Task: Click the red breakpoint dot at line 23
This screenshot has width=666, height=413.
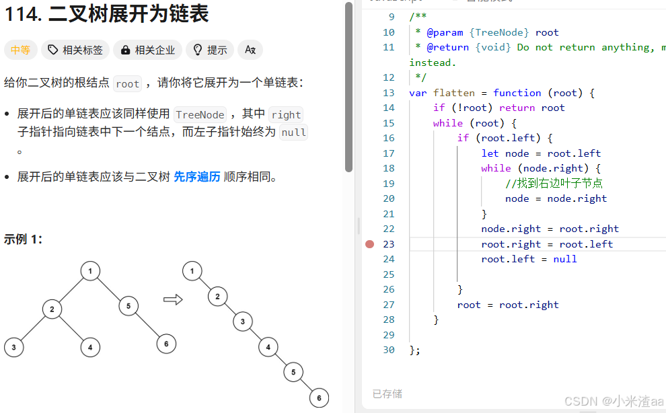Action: [369, 244]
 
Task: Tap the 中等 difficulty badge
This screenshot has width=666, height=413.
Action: [20, 50]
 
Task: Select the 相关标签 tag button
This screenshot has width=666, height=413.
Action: [75, 50]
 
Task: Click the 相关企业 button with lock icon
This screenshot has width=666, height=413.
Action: [147, 50]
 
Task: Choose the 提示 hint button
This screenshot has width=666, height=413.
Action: [209, 50]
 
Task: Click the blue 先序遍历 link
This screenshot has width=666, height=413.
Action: [197, 177]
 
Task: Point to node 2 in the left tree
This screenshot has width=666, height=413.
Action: [52, 309]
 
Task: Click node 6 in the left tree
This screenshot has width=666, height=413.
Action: [166, 344]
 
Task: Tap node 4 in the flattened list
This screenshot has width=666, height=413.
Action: [268, 347]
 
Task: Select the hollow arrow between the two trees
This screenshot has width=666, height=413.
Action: [173, 299]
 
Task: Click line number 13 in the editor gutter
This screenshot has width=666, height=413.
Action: [389, 93]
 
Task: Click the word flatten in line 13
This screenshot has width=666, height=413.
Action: [453, 93]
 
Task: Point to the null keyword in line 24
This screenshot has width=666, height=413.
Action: [565, 259]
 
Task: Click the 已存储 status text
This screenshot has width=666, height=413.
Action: [387, 393]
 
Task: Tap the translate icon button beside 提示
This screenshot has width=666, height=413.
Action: [250, 50]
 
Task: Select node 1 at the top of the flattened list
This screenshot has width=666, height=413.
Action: [192, 272]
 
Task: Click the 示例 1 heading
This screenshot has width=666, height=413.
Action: [23, 239]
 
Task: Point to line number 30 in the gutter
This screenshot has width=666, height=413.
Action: [389, 350]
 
